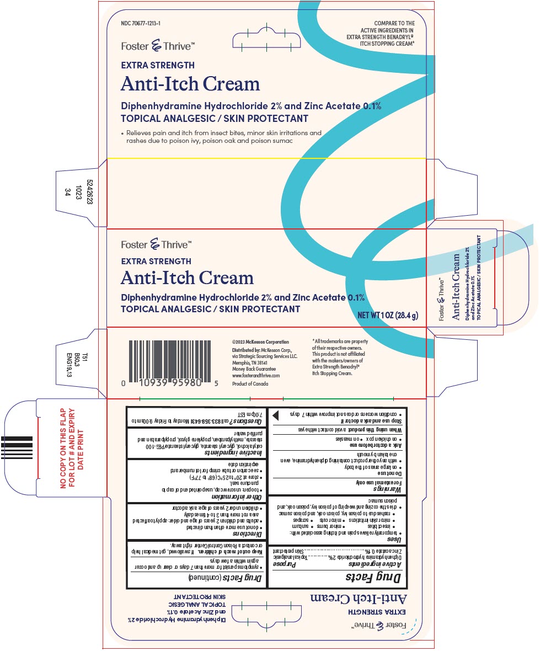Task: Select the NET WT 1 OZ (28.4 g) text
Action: (x=389, y=316)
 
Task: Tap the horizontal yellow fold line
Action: (x=265, y=158)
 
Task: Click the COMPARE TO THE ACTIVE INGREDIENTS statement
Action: (x=380, y=33)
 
